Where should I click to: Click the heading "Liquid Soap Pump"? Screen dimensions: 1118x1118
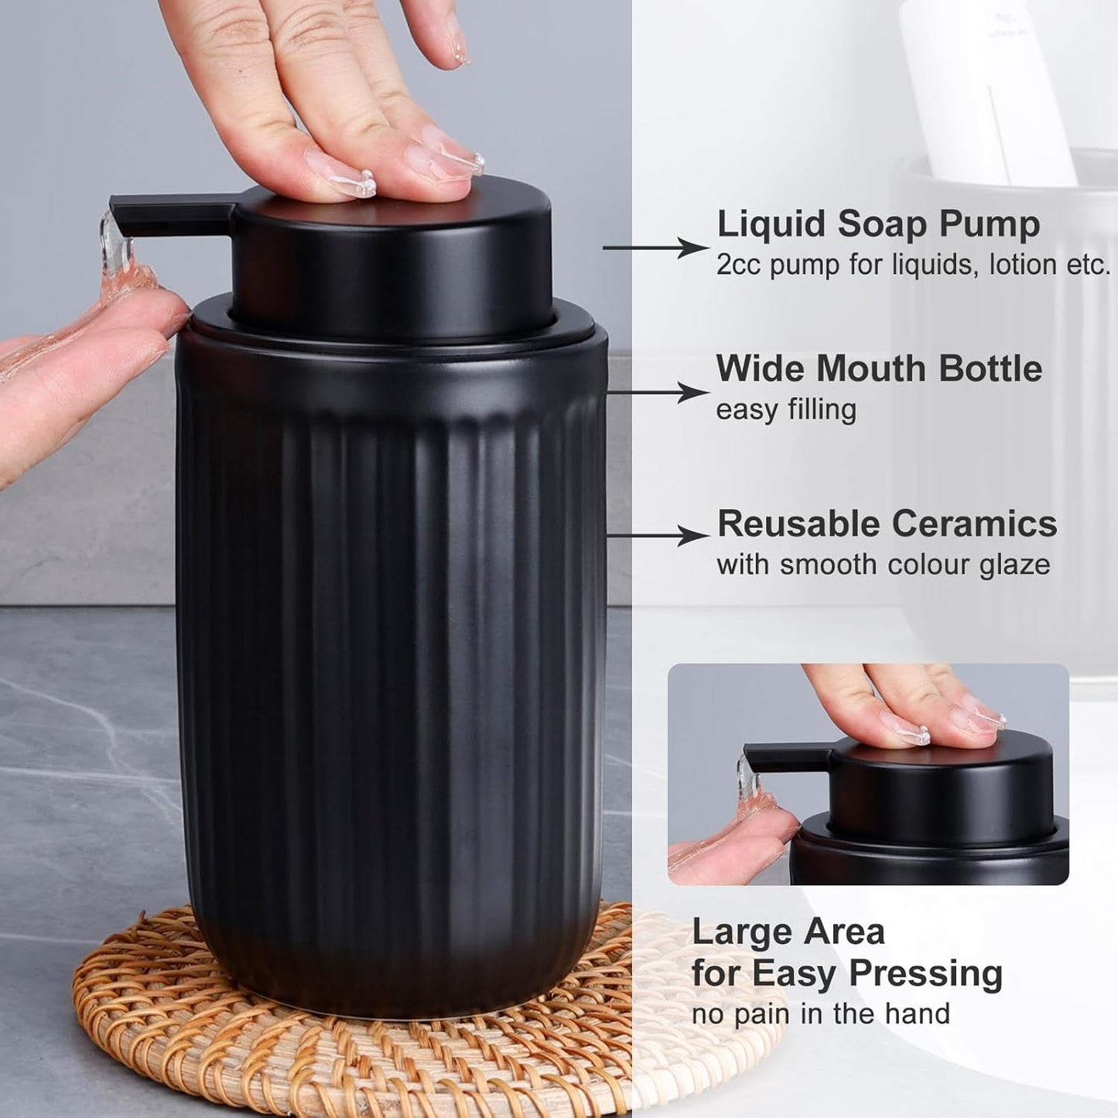coord(878,224)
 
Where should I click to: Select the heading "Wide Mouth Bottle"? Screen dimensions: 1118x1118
coord(879,368)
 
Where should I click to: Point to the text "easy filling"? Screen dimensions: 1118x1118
coord(785,409)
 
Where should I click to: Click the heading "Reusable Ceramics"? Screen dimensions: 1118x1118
coord(887,524)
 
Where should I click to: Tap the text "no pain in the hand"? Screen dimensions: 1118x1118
coord(820,1014)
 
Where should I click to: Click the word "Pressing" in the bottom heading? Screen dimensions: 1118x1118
coord(920,973)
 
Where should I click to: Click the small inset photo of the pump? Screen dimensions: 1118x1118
coord(868,774)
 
